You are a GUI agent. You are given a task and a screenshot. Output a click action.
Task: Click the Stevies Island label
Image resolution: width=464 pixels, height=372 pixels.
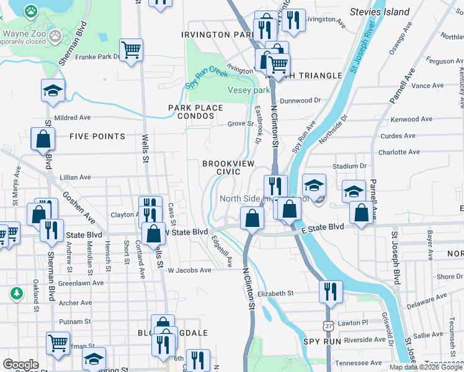pos(380,12)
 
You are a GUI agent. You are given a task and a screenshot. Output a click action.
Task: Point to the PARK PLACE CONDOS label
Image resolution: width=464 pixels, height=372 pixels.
pos(195,112)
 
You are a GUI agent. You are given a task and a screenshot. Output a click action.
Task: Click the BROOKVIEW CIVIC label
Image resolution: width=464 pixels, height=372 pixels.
pos(229,167)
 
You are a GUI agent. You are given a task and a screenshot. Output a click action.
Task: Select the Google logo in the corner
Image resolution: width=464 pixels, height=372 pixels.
pos(20,365)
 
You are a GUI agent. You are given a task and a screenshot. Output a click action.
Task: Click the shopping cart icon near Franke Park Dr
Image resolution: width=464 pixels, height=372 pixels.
pos(131,51)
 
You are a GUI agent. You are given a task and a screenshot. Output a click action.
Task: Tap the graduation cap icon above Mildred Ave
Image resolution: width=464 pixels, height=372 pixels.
pos(53,91)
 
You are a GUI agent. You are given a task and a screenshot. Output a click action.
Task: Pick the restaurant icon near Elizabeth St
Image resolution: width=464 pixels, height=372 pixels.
pos(331,291)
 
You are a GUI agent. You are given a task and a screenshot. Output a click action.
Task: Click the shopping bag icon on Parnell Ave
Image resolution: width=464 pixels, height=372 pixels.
pos(361,213)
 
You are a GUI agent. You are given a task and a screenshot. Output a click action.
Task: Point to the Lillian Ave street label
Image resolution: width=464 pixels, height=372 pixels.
pos(75,177)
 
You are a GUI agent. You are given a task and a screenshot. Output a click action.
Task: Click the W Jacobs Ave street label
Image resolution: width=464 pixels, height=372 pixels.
pos(189,270)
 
